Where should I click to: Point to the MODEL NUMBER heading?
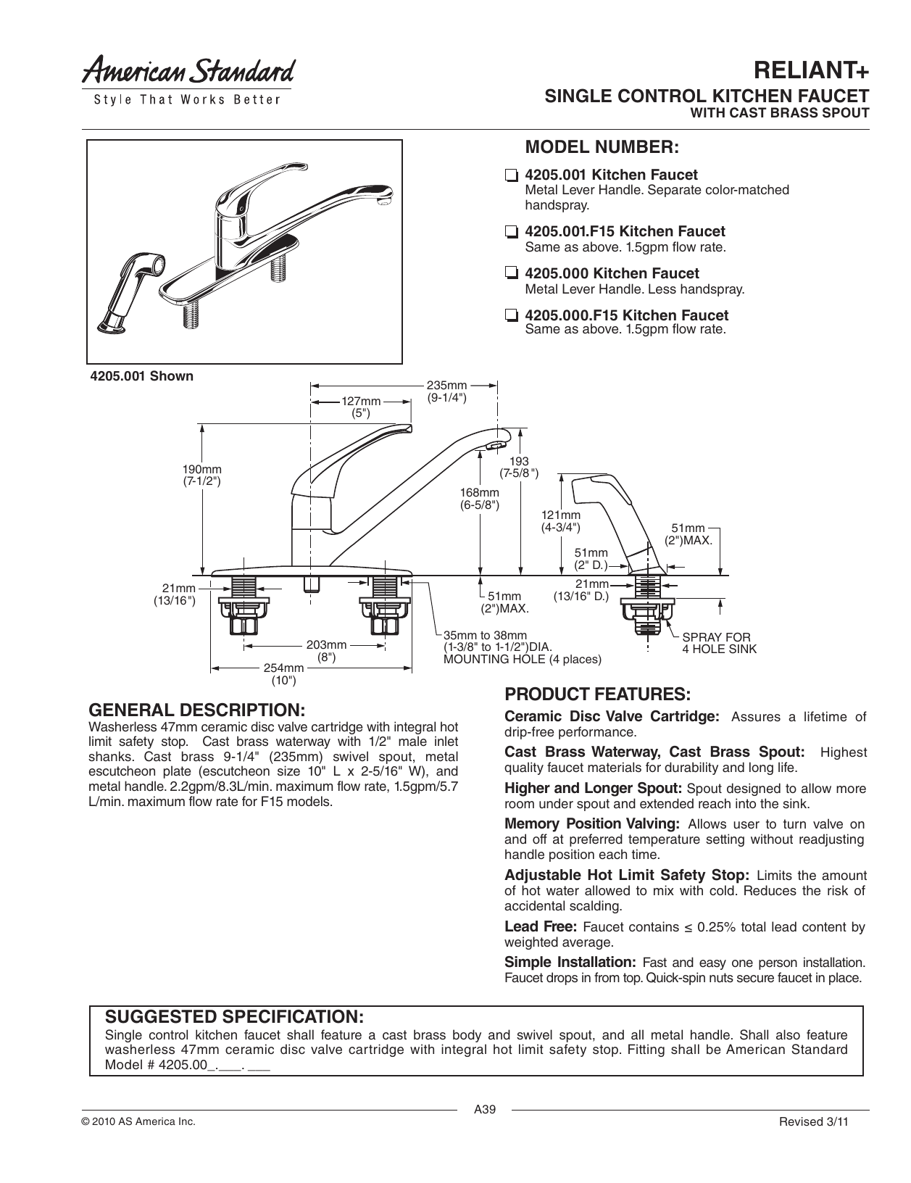pyautogui.click(x=601, y=147)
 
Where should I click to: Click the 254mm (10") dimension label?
pyautogui.click(x=283, y=673)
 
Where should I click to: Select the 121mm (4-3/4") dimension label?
pyautogui.click(x=561, y=520)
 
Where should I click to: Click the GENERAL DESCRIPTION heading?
pyautogui.click(x=196, y=708)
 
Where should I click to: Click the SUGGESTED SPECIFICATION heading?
pyautogui.click(x=234, y=1013)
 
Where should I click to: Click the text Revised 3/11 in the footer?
pyautogui.click(x=812, y=1121)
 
